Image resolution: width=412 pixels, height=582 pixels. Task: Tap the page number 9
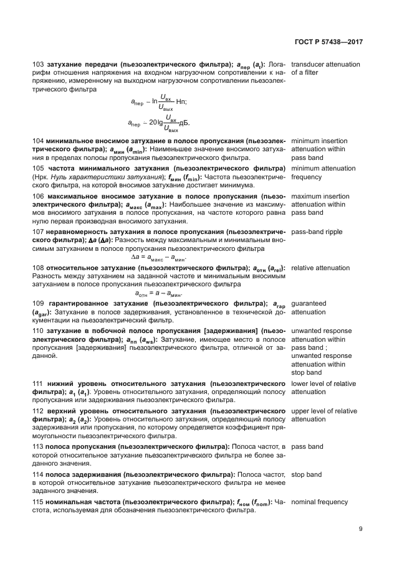pos(361,530)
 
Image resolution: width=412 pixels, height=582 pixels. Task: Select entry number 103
pos(37,65)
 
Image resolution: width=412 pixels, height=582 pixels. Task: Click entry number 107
pos(37,232)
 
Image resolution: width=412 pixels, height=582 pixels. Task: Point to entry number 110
pos(37,330)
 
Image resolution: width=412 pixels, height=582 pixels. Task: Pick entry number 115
pos(37,502)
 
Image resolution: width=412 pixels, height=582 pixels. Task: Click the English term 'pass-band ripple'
pos(317,232)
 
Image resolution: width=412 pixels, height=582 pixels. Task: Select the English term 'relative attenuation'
pos(320,268)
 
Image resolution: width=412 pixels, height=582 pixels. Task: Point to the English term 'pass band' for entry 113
pos(307,447)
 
